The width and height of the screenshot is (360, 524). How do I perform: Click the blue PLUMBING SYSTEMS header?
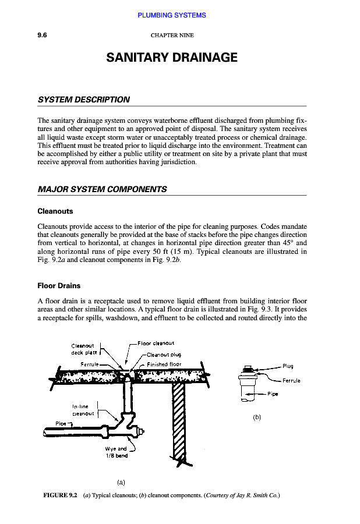click(172, 15)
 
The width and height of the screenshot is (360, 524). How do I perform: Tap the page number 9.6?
click(42, 35)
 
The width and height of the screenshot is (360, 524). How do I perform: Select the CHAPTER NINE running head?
click(172, 36)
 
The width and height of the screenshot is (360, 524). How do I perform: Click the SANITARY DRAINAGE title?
click(172, 58)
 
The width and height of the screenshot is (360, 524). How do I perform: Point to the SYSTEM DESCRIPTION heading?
click(83, 100)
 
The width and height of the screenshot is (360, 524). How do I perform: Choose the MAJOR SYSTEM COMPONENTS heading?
click(102, 189)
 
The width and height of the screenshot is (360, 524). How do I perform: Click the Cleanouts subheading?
click(55, 211)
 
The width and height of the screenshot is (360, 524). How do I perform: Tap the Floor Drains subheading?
click(59, 286)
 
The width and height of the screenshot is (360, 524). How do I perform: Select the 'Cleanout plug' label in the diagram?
click(165, 354)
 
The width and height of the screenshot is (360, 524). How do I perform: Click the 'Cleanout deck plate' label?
click(83, 349)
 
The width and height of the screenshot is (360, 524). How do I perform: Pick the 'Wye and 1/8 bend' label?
click(116, 452)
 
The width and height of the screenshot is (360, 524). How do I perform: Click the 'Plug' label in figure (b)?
click(288, 366)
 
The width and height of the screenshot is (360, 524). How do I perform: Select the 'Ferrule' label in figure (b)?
click(291, 381)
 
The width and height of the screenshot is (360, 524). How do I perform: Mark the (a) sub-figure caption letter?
click(121, 482)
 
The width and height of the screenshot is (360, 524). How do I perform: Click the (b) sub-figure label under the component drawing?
click(257, 417)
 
